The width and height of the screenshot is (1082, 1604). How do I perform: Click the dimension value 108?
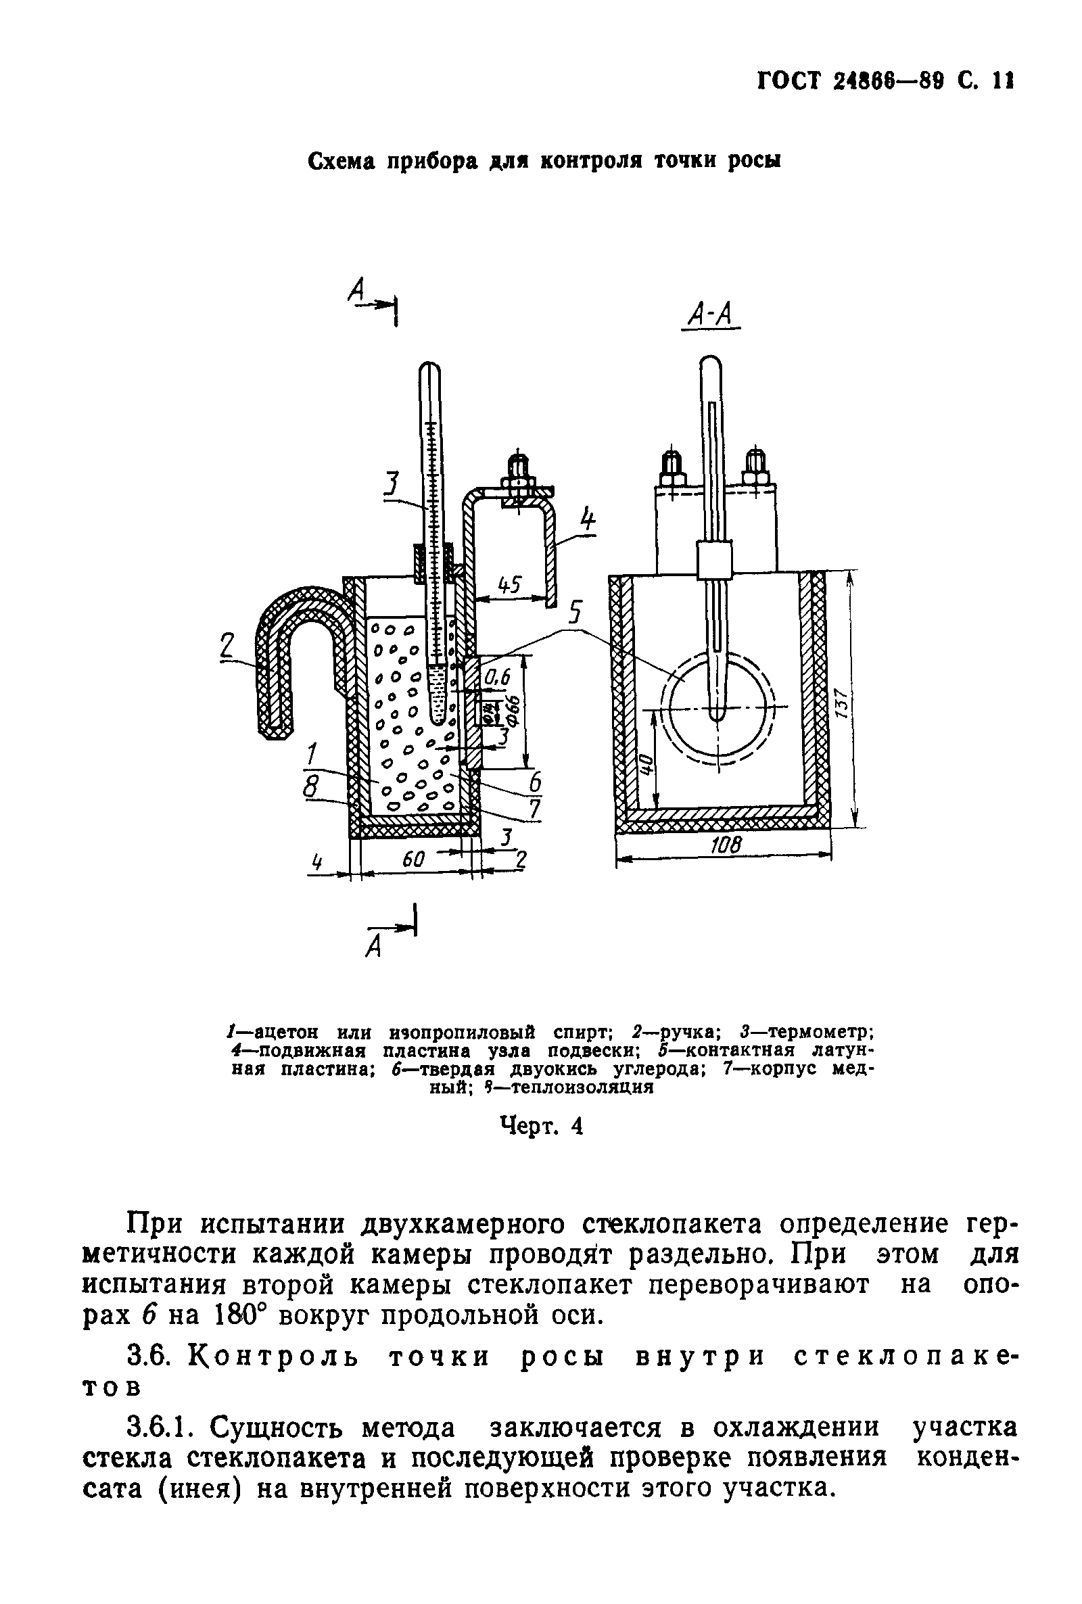[x=724, y=845]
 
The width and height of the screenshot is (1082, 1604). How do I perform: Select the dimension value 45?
[x=509, y=584]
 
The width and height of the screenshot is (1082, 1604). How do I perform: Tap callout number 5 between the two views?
[x=575, y=613]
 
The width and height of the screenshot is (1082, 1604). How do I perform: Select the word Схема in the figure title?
[x=340, y=162]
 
